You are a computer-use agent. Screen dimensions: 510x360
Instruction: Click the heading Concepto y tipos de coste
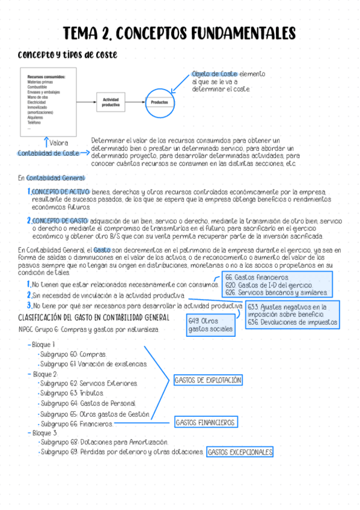67,55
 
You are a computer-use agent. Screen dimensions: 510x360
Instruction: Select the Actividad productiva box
111,102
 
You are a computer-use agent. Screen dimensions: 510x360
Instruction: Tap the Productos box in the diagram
159,102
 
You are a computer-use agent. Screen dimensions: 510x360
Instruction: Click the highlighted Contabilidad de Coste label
49,153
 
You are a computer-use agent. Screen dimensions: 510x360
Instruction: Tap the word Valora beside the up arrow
59,143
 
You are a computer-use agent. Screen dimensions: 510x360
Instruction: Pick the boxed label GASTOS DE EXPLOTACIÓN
208,380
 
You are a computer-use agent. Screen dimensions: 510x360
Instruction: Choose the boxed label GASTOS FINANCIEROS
205,423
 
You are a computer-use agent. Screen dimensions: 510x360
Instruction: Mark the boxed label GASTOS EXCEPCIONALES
240,452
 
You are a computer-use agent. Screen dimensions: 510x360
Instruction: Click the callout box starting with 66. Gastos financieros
278,284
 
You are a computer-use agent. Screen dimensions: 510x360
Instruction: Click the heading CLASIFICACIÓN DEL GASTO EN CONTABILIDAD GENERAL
94,318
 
